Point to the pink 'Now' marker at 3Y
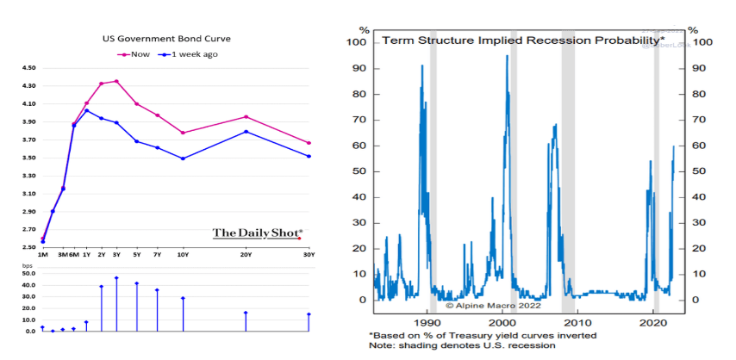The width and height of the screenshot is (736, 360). click(x=116, y=82)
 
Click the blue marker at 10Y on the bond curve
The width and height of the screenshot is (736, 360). click(x=183, y=158)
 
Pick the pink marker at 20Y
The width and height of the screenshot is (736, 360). click(x=246, y=116)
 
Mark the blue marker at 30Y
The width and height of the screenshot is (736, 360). click(x=309, y=156)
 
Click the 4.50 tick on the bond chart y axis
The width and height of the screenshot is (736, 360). click(x=28, y=67)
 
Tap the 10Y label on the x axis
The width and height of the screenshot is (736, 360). click(x=183, y=256)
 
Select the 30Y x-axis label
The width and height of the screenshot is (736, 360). click(x=308, y=256)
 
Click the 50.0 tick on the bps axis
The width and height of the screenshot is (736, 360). click(x=28, y=275)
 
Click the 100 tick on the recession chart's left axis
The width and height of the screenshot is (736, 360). click(x=357, y=41)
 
